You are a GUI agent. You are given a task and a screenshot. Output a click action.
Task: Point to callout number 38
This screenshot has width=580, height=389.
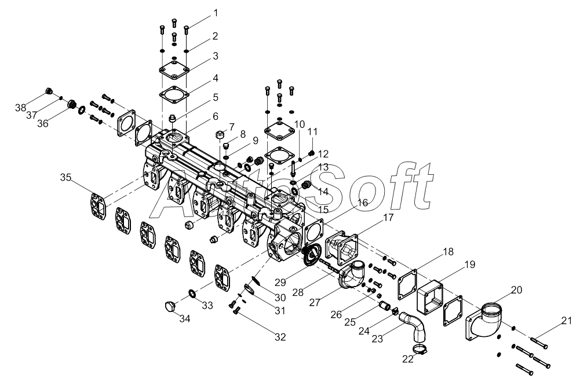[21, 108]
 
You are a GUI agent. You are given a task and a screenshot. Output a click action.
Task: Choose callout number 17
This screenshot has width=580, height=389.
[388, 218]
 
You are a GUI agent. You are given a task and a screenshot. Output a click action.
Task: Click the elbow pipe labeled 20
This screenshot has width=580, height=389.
[486, 321]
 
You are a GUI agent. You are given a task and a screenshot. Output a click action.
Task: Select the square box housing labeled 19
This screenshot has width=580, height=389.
[430, 294]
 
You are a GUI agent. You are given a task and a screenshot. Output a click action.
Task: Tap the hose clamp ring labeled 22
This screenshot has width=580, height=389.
[421, 349]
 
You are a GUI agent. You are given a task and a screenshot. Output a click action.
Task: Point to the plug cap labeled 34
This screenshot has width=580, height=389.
[170, 306]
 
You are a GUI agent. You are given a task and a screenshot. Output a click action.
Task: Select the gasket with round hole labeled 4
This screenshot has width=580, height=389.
[174, 93]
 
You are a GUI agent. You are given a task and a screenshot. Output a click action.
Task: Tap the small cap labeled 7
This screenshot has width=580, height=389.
[219, 135]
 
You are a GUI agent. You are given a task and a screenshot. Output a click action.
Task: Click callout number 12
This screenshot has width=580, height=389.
[323, 154]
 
